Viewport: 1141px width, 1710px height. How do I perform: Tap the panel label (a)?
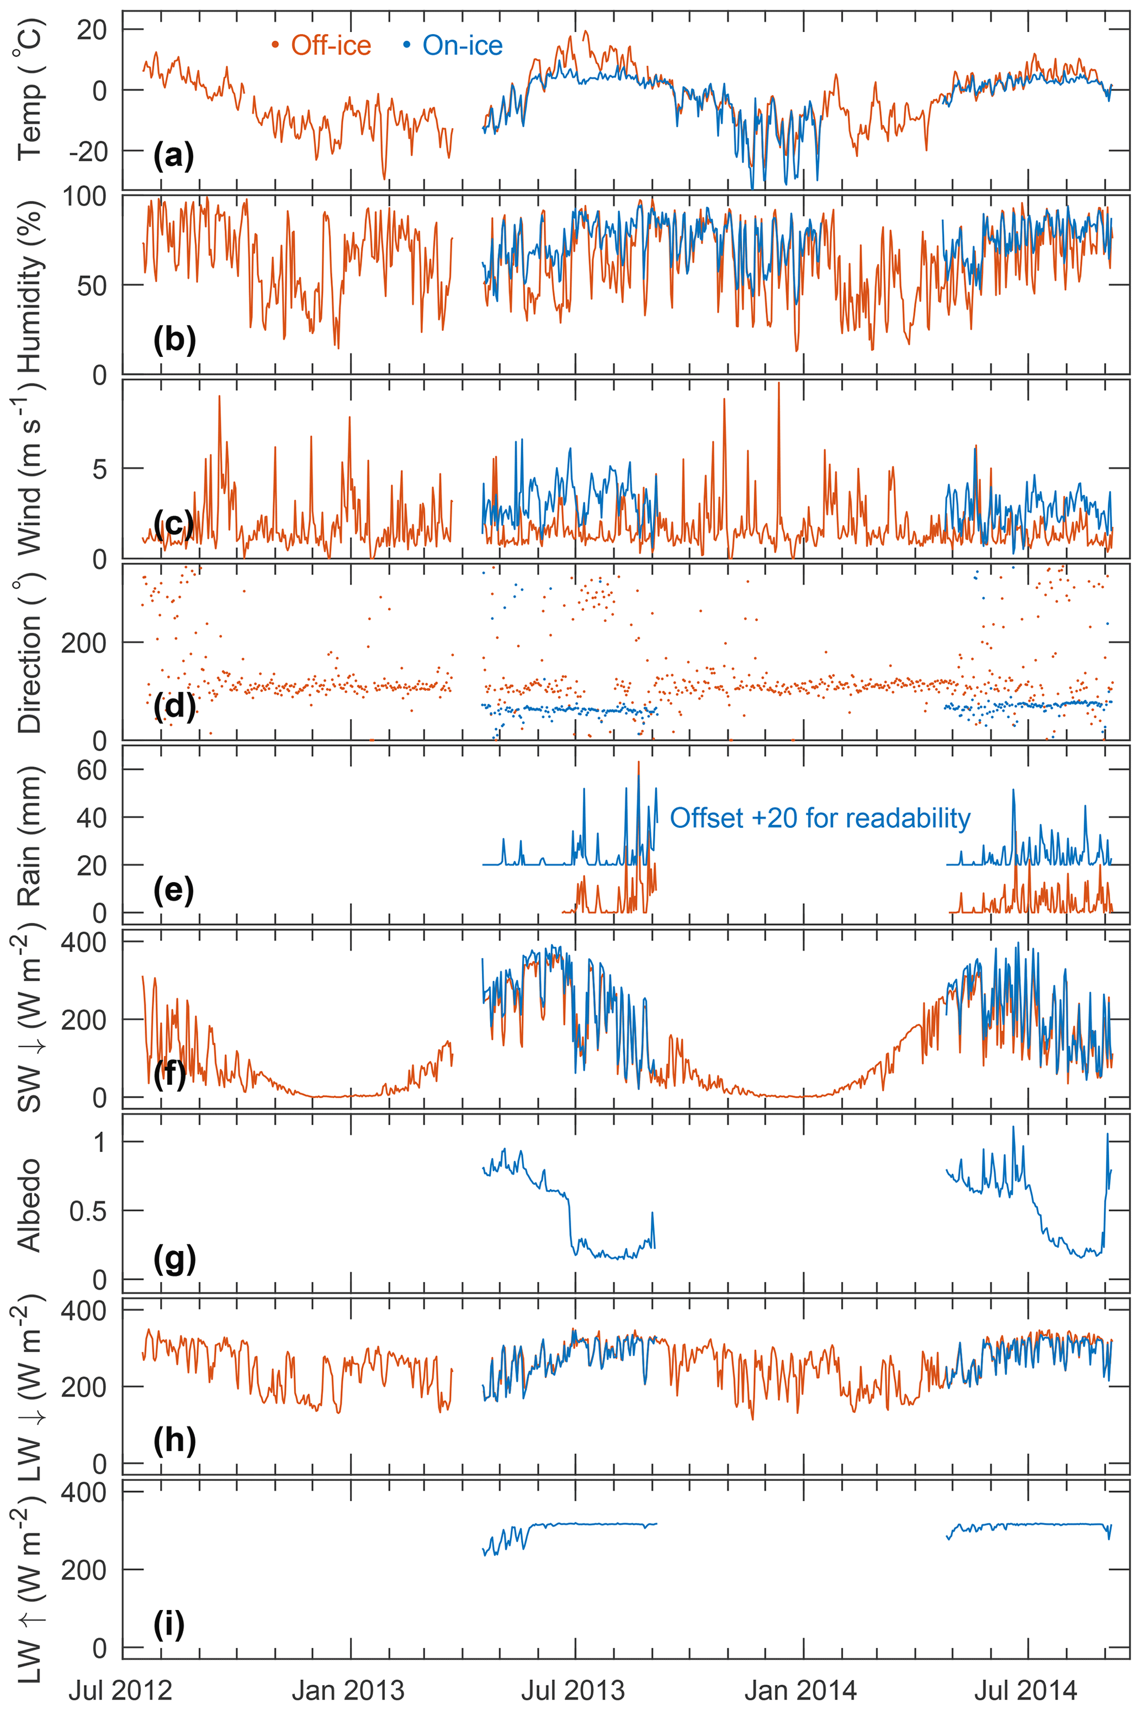(x=173, y=155)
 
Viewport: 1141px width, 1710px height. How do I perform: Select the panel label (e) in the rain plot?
(x=173, y=890)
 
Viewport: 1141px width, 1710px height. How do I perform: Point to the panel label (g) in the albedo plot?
(x=173, y=1258)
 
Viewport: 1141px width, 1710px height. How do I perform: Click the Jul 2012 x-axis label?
(x=120, y=1690)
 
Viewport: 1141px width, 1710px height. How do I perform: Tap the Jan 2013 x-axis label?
(x=348, y=1690)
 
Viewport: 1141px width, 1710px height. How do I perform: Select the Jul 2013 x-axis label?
(x=572, y=1690)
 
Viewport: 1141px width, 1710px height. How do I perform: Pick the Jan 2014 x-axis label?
(x=801, y=1690)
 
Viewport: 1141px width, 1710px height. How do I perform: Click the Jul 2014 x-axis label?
(x=1026, y=1690)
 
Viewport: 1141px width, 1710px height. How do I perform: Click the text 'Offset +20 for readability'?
(x=820, y=818)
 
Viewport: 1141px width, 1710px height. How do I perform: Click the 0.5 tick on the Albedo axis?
(x=87, y=1211)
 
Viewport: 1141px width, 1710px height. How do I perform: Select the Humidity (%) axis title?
(x=30, y=286)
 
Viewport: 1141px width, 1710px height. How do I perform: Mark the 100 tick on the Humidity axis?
(x=84, y=197)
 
